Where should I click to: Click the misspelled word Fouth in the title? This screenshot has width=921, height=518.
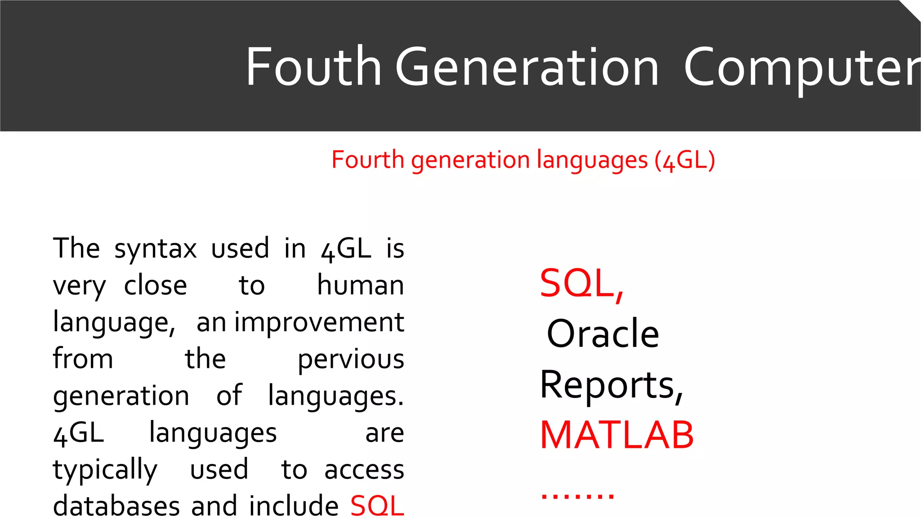tap(313, 67)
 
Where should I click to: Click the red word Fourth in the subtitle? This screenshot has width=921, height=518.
tap(367, 160)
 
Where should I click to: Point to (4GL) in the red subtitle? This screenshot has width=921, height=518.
tap(684, 160)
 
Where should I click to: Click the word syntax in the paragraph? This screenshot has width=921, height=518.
tap(156, 249)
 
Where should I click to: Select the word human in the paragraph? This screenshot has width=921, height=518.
tap(360, 286)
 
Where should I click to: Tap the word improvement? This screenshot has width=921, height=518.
tap(319, 322)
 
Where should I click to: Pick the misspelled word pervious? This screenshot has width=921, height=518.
tap(351, 359)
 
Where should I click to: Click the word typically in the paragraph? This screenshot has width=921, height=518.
tap(105, 470)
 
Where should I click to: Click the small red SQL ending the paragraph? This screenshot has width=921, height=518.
tap(377, 506)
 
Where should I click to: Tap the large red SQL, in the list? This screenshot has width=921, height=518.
tap(581, 283)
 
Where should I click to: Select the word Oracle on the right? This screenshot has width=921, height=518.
tap(603, 334)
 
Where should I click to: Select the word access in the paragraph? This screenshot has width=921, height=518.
tap(364, 470)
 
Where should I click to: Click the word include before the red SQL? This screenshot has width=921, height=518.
tap(294, 506)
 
